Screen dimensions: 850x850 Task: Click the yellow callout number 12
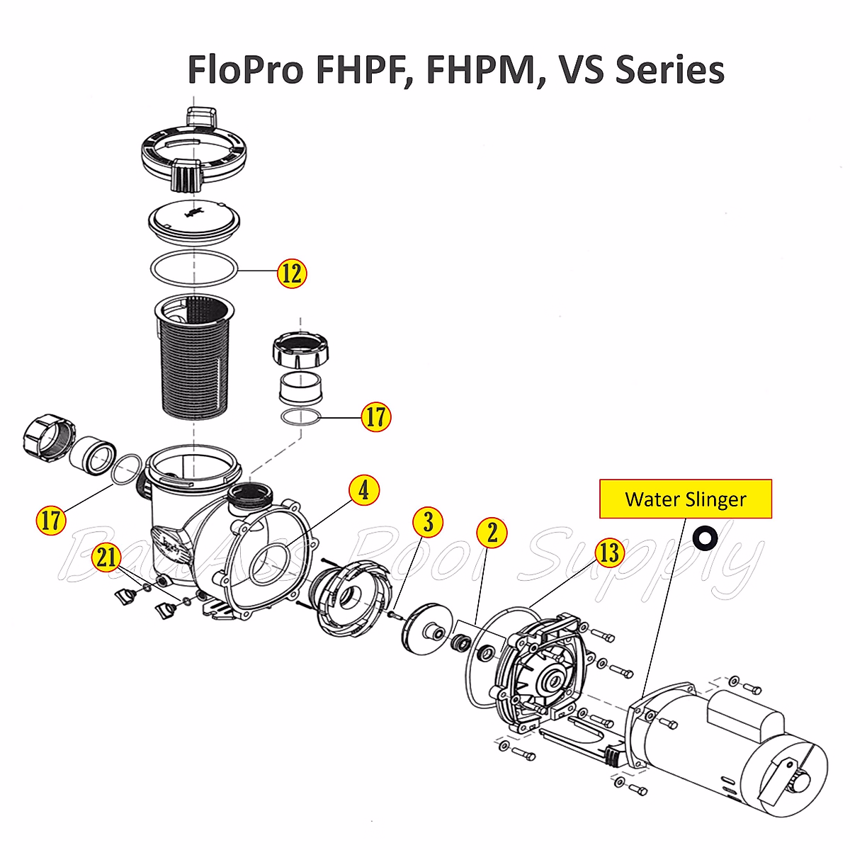(291, 273)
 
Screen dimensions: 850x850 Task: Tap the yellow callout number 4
(364, 489)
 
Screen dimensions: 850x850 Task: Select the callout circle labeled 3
(428, 522)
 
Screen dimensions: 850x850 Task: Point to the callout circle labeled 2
(492, 532)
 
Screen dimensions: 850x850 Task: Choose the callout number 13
(609, 552)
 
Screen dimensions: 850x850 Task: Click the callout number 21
(107, 557)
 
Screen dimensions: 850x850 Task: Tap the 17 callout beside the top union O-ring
(375, 417)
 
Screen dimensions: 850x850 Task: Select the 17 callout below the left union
(51, 521)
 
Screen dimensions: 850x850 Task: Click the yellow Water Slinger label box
(685, 499)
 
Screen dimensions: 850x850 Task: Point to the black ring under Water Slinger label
(705, 538)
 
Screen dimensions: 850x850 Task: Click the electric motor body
(730, 751)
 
